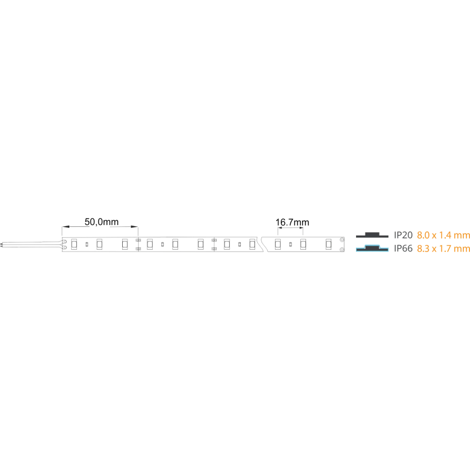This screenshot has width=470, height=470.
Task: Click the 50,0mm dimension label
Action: (102, 222)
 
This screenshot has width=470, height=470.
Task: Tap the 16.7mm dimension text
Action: (292, 223)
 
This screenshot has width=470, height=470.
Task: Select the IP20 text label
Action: (403, 236)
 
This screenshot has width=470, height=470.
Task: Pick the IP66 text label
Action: (403, 249)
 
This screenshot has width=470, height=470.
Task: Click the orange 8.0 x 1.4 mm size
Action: (444, 236)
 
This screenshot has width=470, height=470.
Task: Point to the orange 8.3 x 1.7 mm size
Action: (444, 249)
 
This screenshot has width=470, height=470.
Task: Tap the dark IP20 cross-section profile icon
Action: (372, 235)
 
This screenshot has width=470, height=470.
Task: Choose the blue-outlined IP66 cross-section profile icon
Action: (372, 248)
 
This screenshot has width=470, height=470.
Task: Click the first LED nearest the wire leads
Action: (74, 244)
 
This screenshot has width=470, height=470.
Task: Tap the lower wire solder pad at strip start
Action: (64, 247)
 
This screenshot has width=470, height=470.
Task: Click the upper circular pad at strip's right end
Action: (342, 240)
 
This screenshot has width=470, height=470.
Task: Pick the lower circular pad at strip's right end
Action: (342, 249)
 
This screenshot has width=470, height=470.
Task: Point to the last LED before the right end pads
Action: (328, 244)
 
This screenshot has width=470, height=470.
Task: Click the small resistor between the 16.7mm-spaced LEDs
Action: (290, 244)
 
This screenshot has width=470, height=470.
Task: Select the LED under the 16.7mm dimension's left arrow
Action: (278, 244)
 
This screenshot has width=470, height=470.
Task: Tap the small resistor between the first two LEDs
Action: (87, 244)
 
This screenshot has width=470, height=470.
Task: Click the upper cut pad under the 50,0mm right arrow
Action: (138, 240)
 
